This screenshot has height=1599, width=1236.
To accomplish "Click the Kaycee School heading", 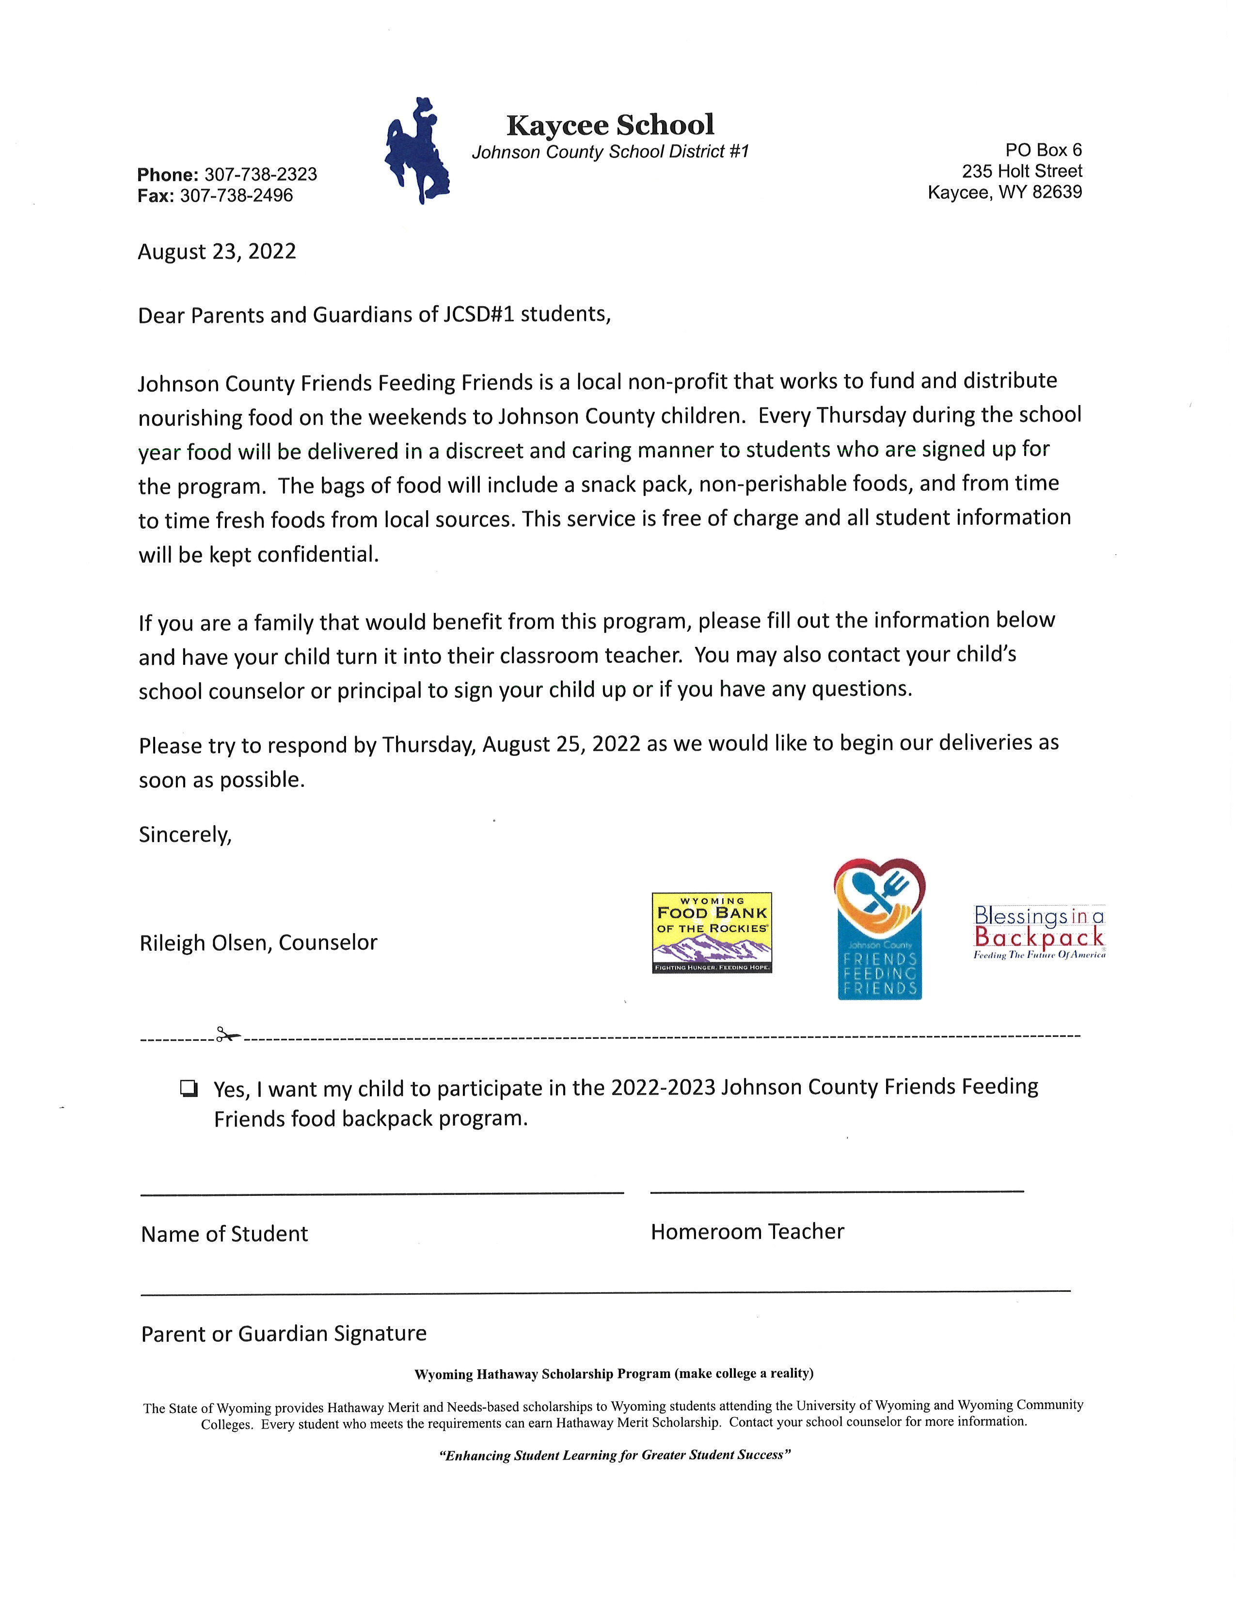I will tap(610, 125).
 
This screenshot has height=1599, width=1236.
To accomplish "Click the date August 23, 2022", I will tap(217, 252).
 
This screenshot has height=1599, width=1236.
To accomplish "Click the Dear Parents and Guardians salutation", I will tap(373, 315).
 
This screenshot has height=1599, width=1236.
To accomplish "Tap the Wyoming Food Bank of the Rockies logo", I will tap(712, 932).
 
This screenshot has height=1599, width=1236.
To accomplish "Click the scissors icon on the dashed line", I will tap(228, 1035).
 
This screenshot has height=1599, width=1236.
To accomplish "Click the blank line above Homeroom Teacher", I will tap(836, 1191).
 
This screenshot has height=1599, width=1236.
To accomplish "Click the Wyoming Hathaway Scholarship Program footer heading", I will tap(614, 1374).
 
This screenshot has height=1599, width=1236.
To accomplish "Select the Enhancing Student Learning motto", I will tap(614, 1456).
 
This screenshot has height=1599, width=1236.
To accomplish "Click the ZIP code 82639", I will tap(1057, 192).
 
